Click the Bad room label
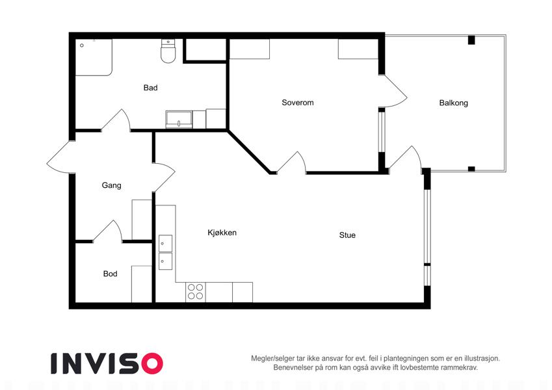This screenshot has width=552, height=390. pos(150,88)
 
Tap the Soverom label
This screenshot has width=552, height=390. pos(298,103)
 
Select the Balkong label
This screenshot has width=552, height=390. pos(453,103)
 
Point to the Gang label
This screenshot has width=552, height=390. pos(111,185)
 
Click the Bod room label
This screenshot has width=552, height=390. pos(110,274)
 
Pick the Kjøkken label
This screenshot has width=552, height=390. pos(222,233)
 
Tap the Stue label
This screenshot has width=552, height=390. pos(347,235)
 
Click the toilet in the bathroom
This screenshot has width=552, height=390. pos(168,51)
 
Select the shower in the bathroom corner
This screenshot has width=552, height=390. pos(94,57)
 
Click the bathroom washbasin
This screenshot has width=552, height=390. pos(179,120)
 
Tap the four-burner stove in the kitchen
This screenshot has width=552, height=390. pos(196,292)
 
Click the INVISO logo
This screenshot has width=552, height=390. pos(107,363)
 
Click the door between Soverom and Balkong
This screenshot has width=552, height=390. pos(393,91)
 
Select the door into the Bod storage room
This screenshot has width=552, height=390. pos(107,231)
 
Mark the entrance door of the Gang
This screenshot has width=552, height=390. pos(60,157)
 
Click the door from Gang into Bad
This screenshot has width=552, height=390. pos(116,120)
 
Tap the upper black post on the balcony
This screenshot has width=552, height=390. pos(471,40)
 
